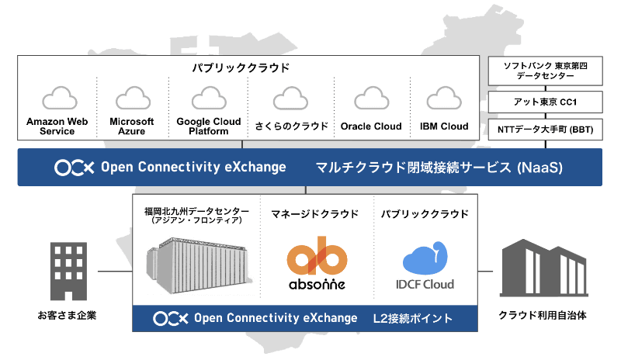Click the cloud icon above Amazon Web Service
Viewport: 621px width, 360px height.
pyautogui.click(x=60, y=98)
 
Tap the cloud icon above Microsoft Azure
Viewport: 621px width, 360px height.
pyautogui.click(x=133, y=98)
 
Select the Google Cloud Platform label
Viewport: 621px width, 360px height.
pyautogui.click(x=209, y=126)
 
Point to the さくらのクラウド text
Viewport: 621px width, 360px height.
pyautogui.click(x=292, y=126)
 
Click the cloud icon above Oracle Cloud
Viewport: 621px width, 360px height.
pyautogui.click(x=372, y=98)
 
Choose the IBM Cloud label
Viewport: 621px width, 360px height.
pyautogui.click(x=444, y=126)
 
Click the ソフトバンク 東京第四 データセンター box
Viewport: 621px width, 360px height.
pyautogui.click(x=546, y=71)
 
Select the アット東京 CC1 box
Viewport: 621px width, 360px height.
pyautogui.click(x=546, y=102)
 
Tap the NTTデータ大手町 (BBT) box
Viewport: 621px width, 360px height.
pyautogui.click(x=546, y=130)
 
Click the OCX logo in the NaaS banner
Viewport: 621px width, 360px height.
pyautogui.click(x=75, y=168)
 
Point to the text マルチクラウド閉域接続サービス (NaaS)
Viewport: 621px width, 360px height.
pyautogui.click(x=439, y=168)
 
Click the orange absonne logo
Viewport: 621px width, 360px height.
pyautogui.click(x=317, y=263)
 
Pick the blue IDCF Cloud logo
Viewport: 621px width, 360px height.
pyautogui.click(x=425, y=265)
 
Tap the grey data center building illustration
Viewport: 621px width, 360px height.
pyautogui.click(x=199, y=265)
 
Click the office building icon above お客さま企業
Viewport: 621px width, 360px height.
pyautogui.click(x=68, y=272)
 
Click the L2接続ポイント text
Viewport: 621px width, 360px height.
pyautogui.click(x=412, y=318)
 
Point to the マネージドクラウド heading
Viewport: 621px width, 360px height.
pyautogui.click(x=315, y=214)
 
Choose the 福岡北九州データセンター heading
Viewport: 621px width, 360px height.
pyautogui.click(x=197, y=211)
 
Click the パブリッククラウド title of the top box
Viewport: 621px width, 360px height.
pyautogui.click(x=241, y=67)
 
